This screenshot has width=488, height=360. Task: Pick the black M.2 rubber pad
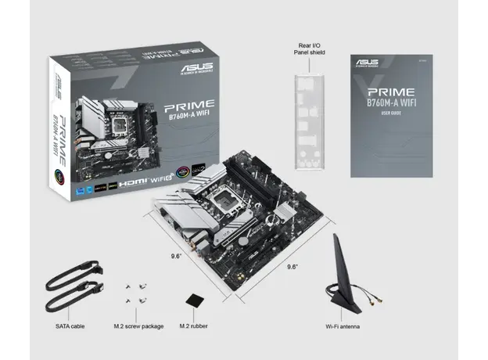click(195, 301)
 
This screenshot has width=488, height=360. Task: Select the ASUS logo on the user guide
click(366, 62)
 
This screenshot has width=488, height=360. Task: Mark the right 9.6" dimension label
click(292, 266)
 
